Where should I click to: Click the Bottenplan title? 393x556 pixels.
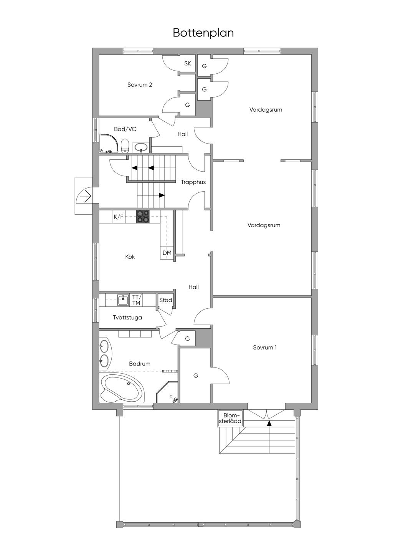(x=203, y=33)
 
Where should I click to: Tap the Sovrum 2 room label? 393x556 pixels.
(x=140, y=84)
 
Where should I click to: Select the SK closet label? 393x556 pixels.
(x=188, y=63)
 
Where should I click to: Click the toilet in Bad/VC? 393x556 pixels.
(x=125, y=146)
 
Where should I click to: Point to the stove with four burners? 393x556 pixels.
(x=143, y=217)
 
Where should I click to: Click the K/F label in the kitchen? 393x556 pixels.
(x=118, y=217)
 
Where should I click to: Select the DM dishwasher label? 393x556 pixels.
(x=167, y=253)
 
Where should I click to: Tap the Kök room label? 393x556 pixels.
(x=130, y=256)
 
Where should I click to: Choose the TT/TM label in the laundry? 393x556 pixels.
(x=137, y=300)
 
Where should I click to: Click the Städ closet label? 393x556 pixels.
(x=165, y=300)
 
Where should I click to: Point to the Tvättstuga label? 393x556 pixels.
(x=127, y=318)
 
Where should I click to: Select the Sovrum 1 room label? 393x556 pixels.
(x=265, y=347)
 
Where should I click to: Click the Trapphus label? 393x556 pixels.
(x=193, y=182)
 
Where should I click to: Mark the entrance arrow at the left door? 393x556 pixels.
(x=86, y=197)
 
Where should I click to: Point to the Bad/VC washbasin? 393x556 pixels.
(x=141, y=148)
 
